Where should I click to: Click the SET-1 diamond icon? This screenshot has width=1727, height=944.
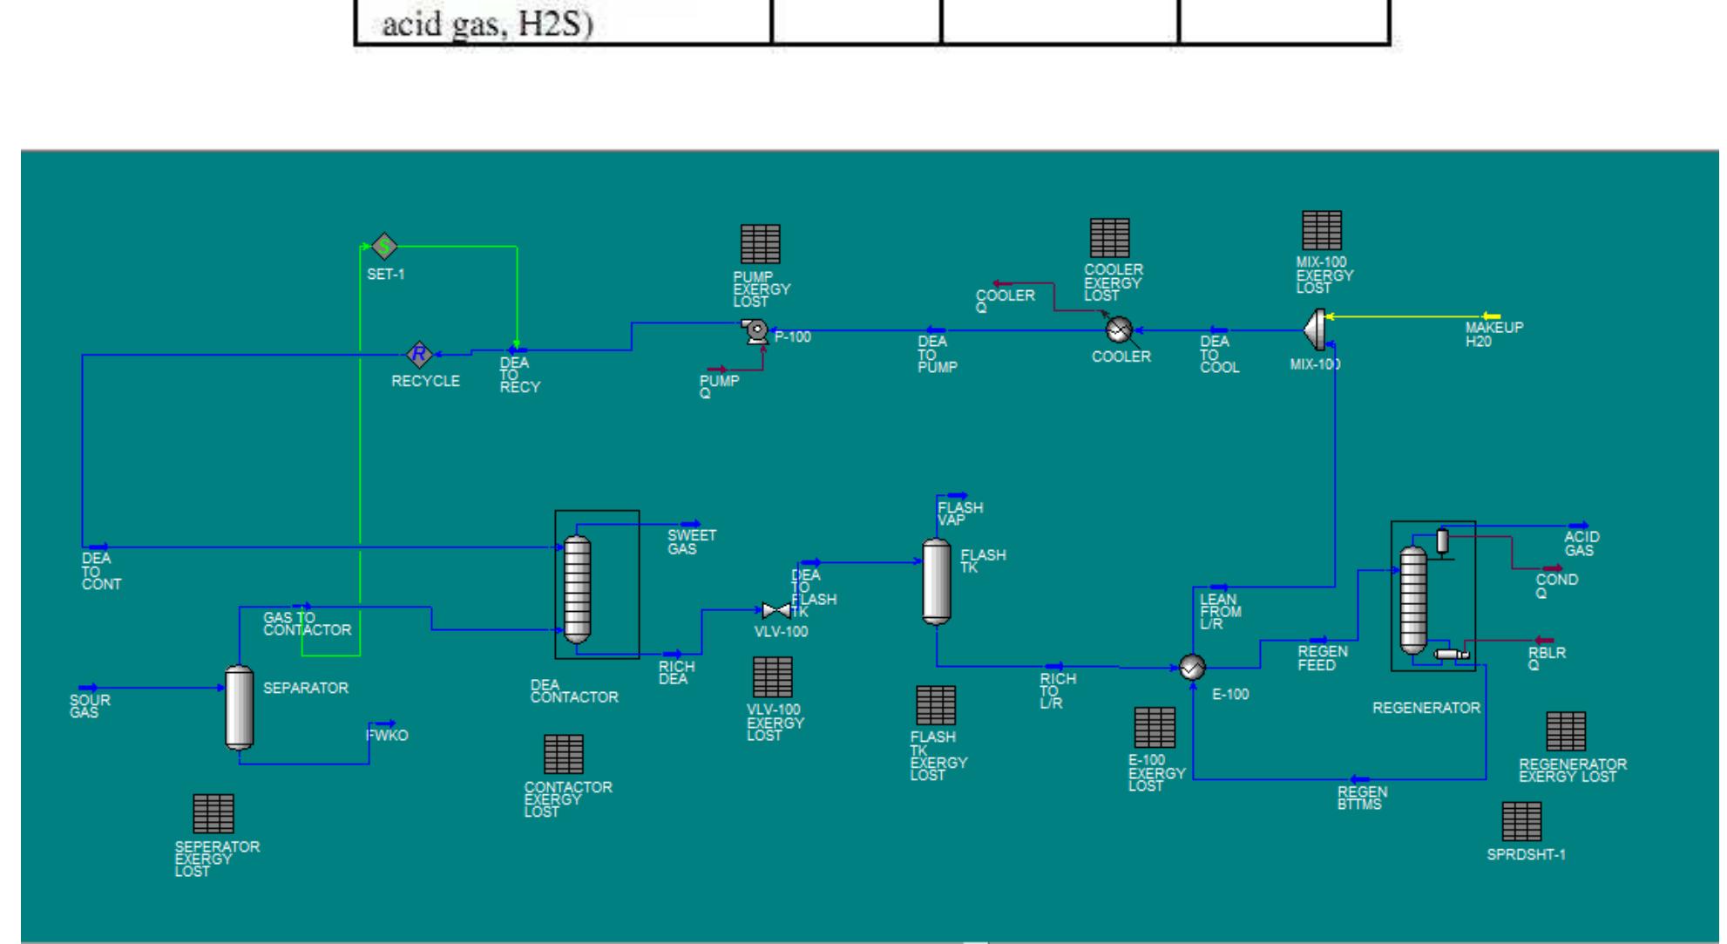pyautogui.click(x=384, y=247)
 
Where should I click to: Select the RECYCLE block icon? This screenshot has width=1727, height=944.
pyautogui.click(x=420, y=354)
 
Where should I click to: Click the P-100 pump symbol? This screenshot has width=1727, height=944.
pyautogui.click(x=755, y=330)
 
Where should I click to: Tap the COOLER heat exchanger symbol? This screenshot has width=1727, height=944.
pyautogui.click(x=1118, y=329)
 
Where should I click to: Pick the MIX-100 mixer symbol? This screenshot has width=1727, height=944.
pyautogui.click(x=1314, y=329)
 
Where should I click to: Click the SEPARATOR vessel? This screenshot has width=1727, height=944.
pyautogui.click(x=240, y=707)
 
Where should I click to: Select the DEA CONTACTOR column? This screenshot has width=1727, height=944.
pyautogui.click(x=577, y=589)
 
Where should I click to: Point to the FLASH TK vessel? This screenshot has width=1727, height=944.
pyautogui.click(x=937, y=581)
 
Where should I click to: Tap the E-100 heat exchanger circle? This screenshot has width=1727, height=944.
pyautogui.click(x=1192, y=668)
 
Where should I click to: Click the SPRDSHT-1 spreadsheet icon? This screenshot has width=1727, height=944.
pyautogui.click(x=1521, y=821)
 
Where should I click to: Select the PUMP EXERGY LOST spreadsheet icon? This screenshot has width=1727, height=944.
pyautogui.click(x=760, y=244)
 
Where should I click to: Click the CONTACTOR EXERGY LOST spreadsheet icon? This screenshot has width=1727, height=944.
pyautogui.click(x=563, y=754)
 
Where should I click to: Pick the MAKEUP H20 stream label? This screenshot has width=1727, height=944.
pyautogui.click(x=1493, y=335)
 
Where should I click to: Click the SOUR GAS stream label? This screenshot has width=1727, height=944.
pyautogui.click(x=90, y=706)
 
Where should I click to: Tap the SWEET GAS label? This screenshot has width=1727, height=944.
pyautogui.click(x=691, y=542)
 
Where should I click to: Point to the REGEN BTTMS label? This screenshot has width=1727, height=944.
pyautogui.click(x=1362, y=798)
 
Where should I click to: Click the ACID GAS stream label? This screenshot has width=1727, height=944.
pyautogui.click(x=1581, y=544)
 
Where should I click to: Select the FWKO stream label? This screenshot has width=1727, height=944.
pyautogui.click(x=387, y=736)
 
